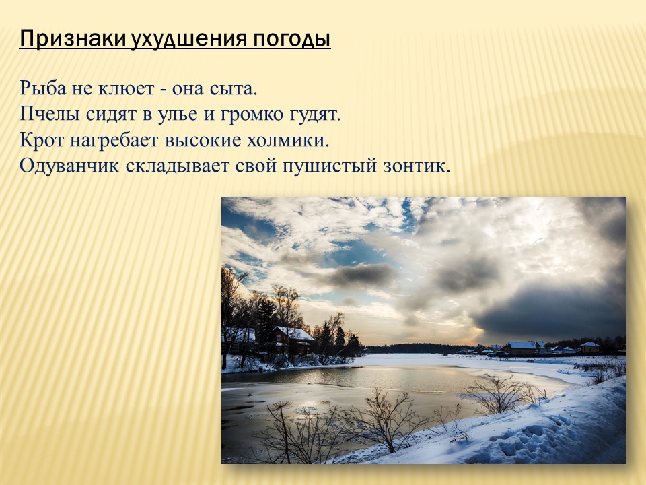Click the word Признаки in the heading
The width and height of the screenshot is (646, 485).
pyautogui.click(x=73, y=39)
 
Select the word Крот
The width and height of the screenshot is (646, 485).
pyautogui.click(x=42, y=140)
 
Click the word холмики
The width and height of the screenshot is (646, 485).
pyautogui.click(x=289, y=141)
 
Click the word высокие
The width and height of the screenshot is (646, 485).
pyautogui.click(x=203, y=141)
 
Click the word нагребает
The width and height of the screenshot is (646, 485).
pyautogui.click(x=114, y=141)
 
